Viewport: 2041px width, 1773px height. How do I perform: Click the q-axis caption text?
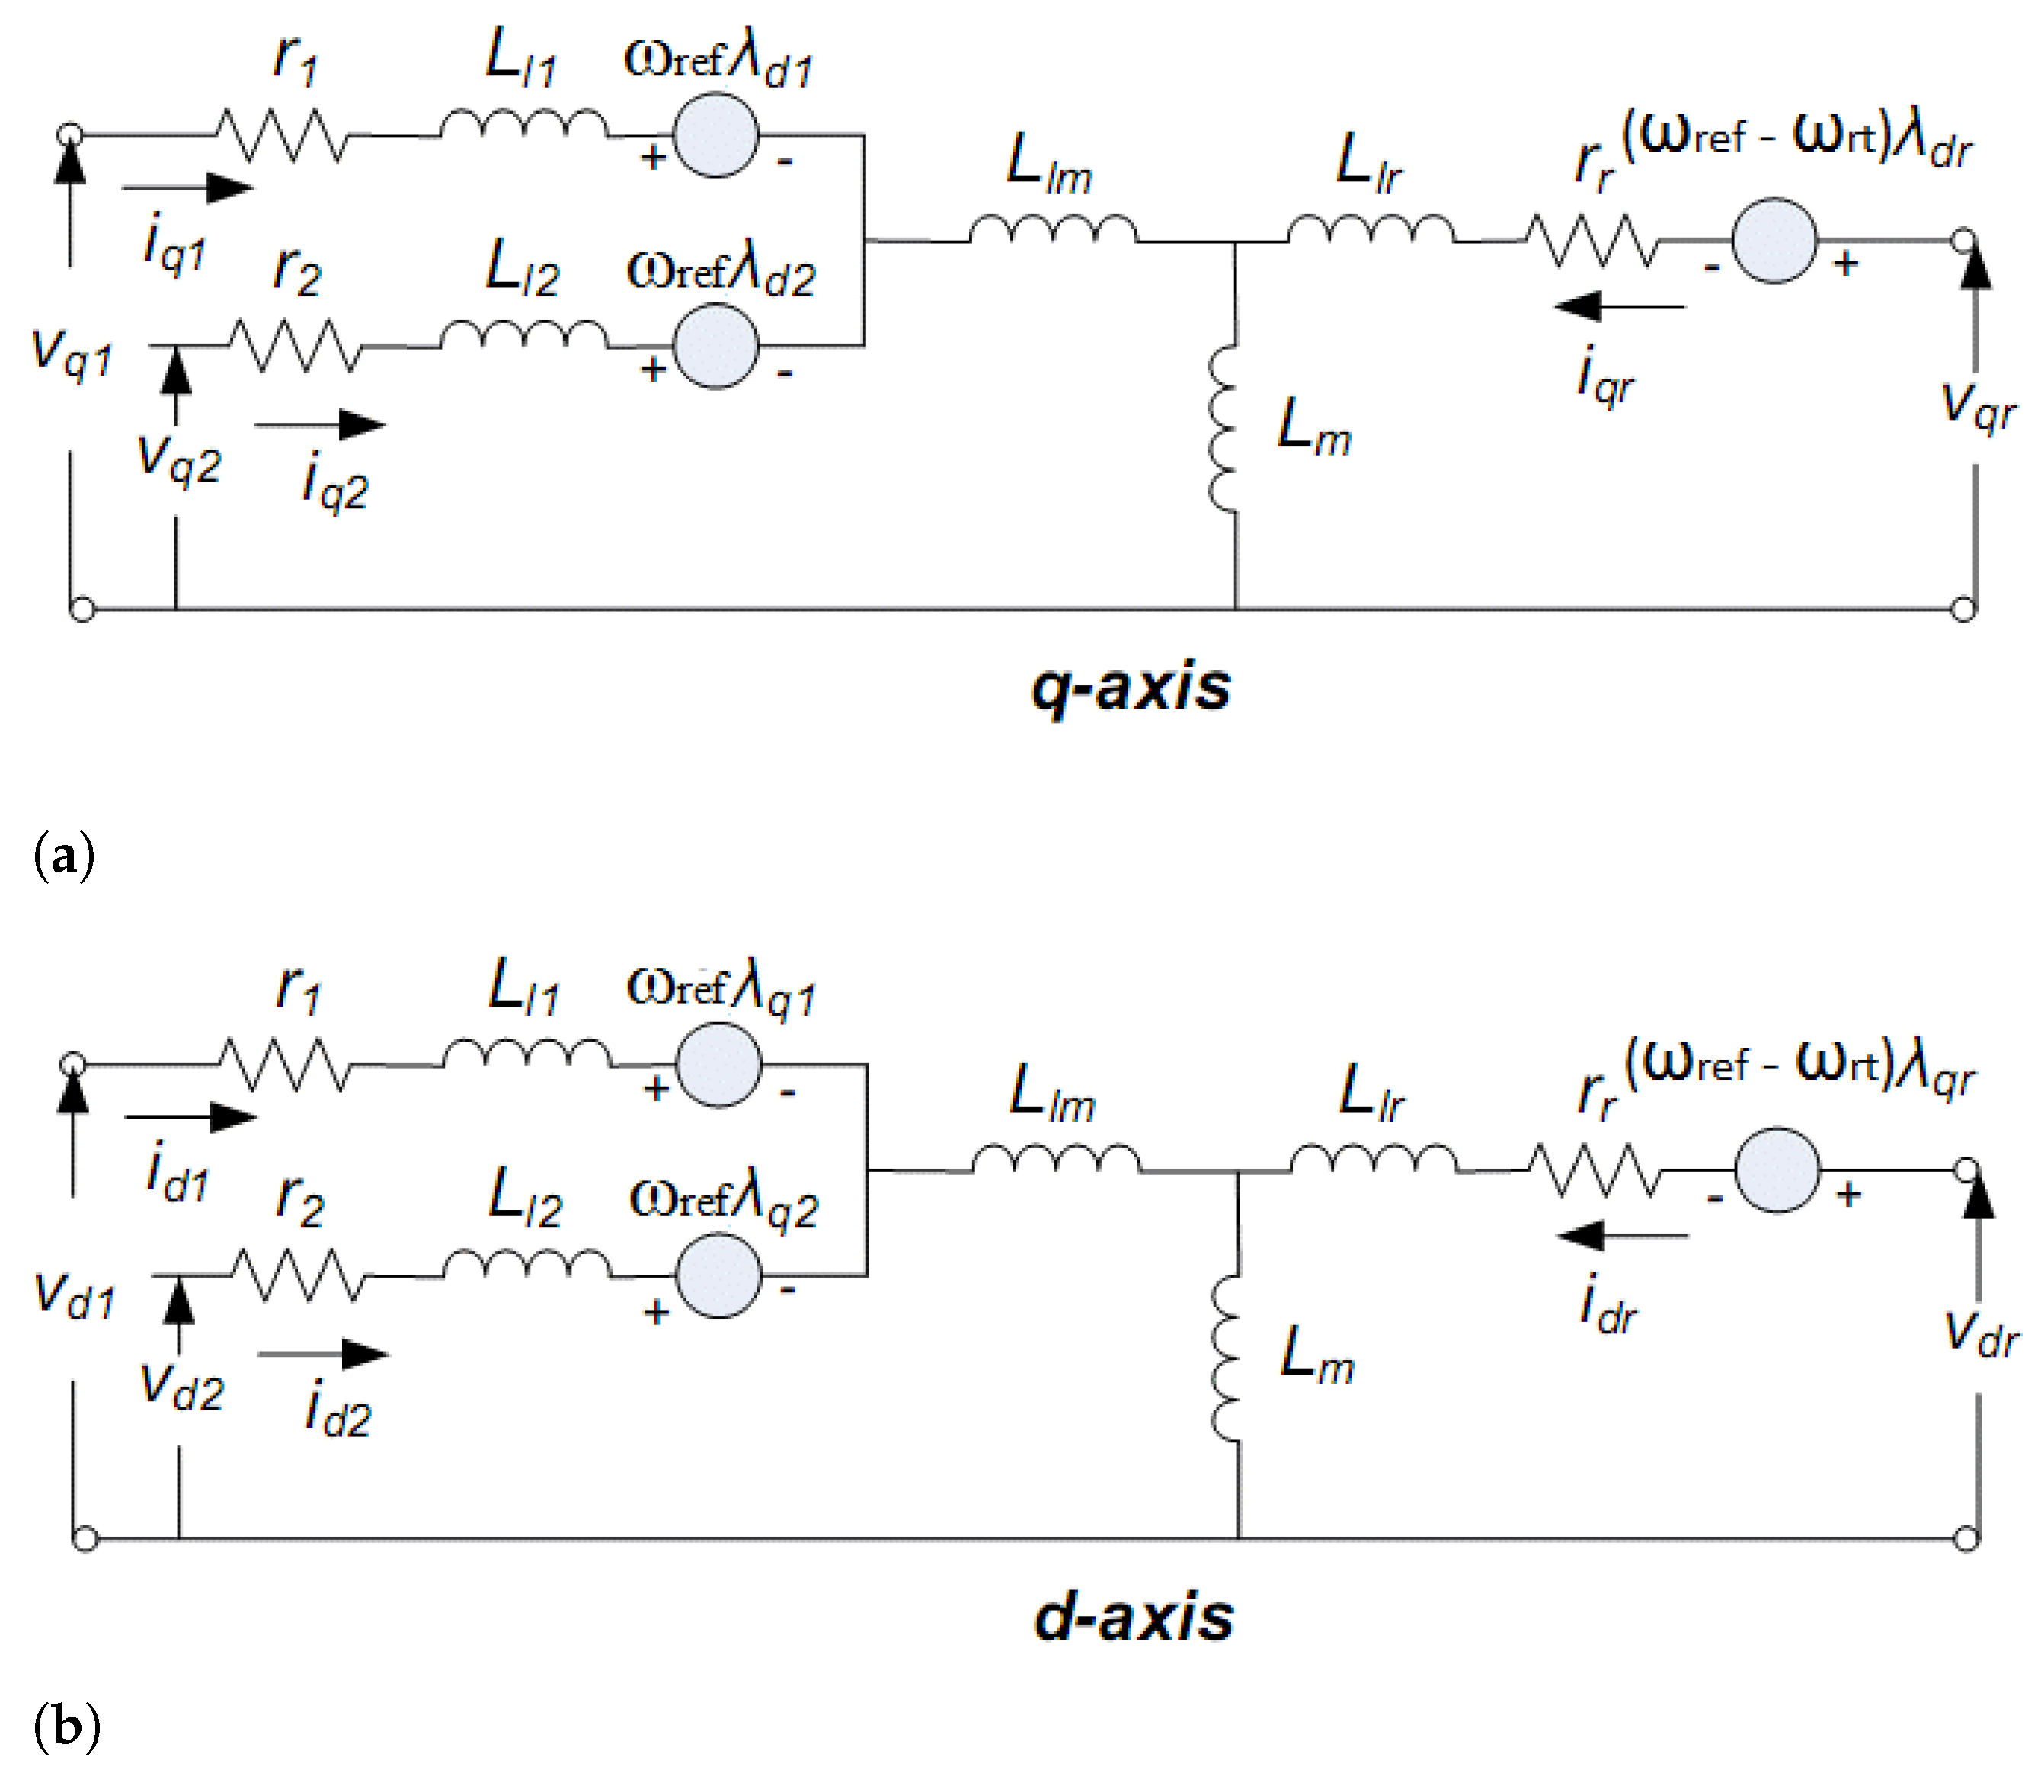point(1131,687)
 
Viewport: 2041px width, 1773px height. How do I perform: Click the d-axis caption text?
point(1134,1618)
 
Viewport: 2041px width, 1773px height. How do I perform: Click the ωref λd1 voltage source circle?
point(716,136)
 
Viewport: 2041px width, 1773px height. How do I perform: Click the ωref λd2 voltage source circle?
point(716,345)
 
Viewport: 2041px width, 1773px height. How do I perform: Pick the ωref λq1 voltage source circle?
point(719,1064)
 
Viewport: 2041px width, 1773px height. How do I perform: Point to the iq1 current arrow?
point(188,187)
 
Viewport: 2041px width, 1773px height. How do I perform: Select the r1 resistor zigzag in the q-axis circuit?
point(282,136)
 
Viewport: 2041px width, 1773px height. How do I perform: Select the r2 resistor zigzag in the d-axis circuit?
point(299,1275)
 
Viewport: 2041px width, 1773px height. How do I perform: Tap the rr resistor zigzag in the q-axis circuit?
point(1591,242)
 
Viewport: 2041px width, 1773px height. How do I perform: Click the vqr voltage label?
point(1979,405)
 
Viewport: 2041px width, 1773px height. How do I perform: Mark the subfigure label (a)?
point(64,854)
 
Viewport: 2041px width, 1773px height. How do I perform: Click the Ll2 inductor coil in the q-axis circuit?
point(523,334)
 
